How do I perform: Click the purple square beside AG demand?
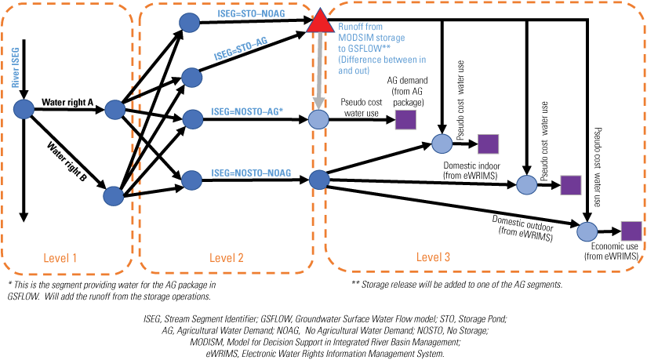pos(405,120)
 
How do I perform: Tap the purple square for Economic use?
pos(631,231)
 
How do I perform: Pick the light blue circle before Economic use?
pos(587,232)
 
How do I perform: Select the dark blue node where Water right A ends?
pos(114,110)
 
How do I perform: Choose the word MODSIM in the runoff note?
pos(356,38)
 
